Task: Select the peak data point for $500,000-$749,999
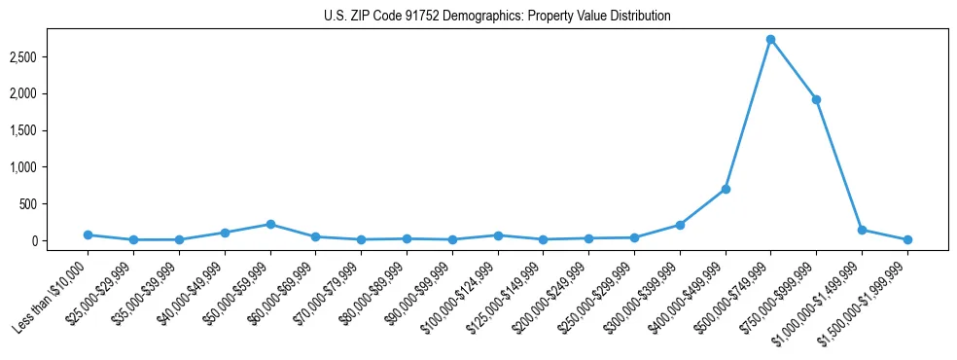pyautogui.click(x=770, y=40)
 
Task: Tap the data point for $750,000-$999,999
pyautogui.click(x=816, y=99)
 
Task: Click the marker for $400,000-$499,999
pyautogui.click(x=726, y=189)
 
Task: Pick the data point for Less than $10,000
pyautogui.click(x=88, y=234)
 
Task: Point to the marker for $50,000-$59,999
pyautogui.click(x=270, y=224)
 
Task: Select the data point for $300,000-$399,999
pyautogui.click(x=680, y=225)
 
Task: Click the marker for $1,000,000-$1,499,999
pyautogui.click(x=862, y=230)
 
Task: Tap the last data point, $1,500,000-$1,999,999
pyautogui.click(x=907, y=239)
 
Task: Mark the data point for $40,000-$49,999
pyautogui.click(x=225, y=233)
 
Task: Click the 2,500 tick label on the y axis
pyautogui.click(x=50, y=57)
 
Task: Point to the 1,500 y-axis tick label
pyautogui.click(x=50, y=130)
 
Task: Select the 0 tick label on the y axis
pyautogui.click(x=60, y=241)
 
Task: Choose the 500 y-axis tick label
pyautogui.click(x=54, y=204)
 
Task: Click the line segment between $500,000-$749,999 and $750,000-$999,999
pyautogui.click(x=793, y=70)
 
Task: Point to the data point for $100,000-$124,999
pyautogui.click(x=498, y=235)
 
